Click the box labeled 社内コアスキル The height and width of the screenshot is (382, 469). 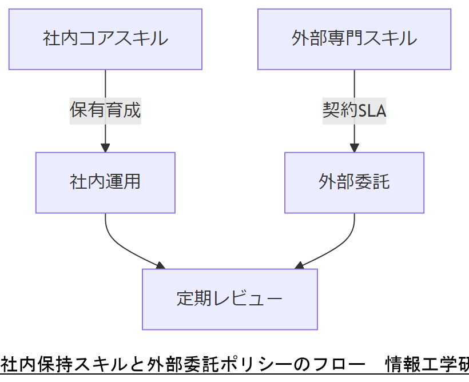105,39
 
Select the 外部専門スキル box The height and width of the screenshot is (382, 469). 354,39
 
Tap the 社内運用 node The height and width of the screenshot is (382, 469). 105,182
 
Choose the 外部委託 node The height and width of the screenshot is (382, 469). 354,182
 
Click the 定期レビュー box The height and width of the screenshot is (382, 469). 229,299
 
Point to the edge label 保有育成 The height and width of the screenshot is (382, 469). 105,110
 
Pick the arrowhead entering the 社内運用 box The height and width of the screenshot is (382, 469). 105,148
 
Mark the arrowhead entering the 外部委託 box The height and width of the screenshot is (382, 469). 354,148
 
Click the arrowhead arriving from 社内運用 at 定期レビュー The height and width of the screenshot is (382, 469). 160,265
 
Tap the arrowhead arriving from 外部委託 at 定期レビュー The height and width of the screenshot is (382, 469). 299,265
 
